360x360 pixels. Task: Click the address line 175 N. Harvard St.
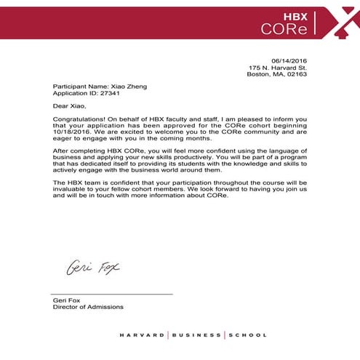pos(278,67)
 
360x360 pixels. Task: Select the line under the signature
pos(113,293)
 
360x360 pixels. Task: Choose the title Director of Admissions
pos(88,307)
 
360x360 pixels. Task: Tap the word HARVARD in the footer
pos(142,335)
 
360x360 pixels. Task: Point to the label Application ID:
pos(74,94)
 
